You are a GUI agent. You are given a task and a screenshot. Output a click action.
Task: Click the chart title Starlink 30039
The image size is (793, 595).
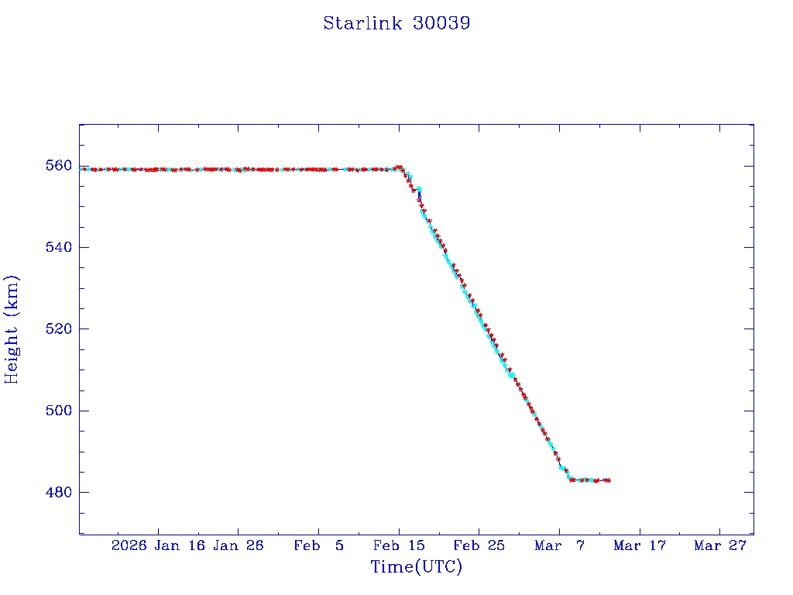coord(396,23)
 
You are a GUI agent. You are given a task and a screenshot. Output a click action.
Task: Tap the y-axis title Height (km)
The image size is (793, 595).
coord(12,329)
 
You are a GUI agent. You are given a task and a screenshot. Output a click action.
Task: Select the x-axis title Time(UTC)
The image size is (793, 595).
coord(416,567)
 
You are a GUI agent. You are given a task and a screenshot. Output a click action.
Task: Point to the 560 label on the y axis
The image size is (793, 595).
coord(59,166)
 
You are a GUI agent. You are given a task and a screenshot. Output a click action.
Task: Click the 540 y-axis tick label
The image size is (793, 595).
coord(59,247)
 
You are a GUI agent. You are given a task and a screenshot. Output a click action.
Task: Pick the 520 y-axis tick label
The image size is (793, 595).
coord(59,329)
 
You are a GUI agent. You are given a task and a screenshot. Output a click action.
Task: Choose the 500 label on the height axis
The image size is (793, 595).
coord(59,411)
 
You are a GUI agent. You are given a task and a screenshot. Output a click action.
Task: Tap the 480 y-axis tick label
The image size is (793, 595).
coord(59,492)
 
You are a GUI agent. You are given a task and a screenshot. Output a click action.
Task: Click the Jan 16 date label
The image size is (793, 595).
coord(180,546)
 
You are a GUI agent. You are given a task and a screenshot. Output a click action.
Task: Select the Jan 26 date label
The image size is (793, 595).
coord(239,546)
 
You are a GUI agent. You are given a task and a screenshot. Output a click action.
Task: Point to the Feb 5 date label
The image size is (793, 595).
coord(319,546)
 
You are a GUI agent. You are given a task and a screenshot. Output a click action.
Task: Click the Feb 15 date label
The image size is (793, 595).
coord(399,546)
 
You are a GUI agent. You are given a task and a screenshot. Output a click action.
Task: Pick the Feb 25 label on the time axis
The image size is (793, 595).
coord(479,546)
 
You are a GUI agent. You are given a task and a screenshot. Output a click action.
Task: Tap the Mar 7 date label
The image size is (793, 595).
coord(560,546)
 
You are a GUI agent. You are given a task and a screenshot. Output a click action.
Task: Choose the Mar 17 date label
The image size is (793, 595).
coord(640,546)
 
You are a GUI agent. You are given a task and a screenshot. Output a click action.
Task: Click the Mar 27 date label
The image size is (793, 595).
coord(720,546)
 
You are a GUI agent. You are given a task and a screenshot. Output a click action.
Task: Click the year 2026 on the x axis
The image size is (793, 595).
coord(129,546)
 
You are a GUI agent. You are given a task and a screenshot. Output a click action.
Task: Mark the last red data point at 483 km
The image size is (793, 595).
coord(609,480)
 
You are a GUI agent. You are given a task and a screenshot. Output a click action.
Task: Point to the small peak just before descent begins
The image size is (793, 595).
coord(399,167)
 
